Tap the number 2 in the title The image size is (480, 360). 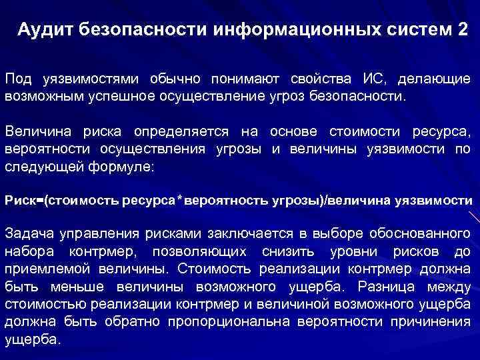click(463, 30)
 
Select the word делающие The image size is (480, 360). click(435, 80)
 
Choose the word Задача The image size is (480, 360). click(29, 233)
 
